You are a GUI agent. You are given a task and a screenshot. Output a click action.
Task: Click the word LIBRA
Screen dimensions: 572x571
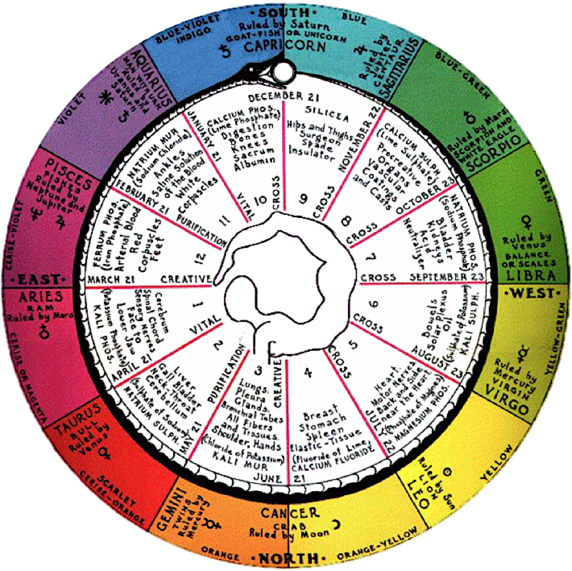pos(536,275)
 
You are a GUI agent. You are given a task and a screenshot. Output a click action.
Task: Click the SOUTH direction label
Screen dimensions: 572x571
pos(285,12)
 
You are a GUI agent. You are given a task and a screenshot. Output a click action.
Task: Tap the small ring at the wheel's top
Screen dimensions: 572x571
pos(283,70)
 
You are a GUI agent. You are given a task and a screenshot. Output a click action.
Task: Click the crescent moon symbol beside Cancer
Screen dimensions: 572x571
pos(336,524)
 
